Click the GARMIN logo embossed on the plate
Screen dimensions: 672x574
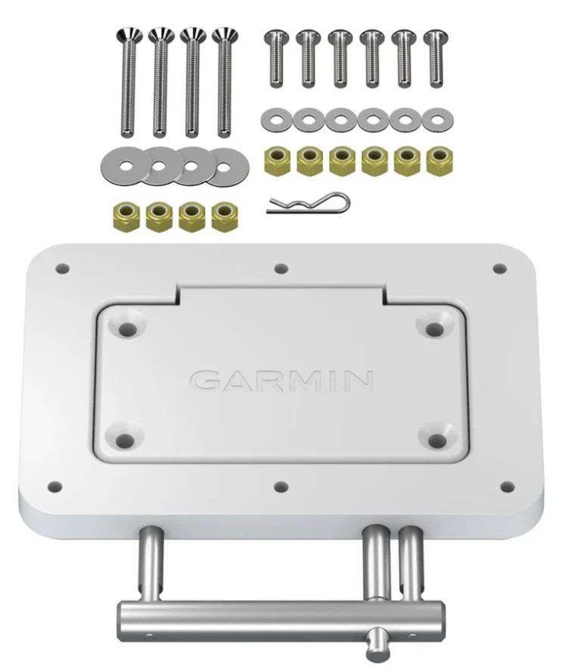point(281,379)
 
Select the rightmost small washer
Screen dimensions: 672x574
point(436,119)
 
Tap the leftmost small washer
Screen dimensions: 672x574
point(275,119)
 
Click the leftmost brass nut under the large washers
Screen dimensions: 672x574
point(125,216)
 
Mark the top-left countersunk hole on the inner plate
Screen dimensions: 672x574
point(126,328)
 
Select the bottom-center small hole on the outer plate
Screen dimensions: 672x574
point(281,486)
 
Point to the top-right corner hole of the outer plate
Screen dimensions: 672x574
point(499,268)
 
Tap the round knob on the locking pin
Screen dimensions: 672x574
point(376,645)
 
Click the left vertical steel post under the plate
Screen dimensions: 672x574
point(150,565)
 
